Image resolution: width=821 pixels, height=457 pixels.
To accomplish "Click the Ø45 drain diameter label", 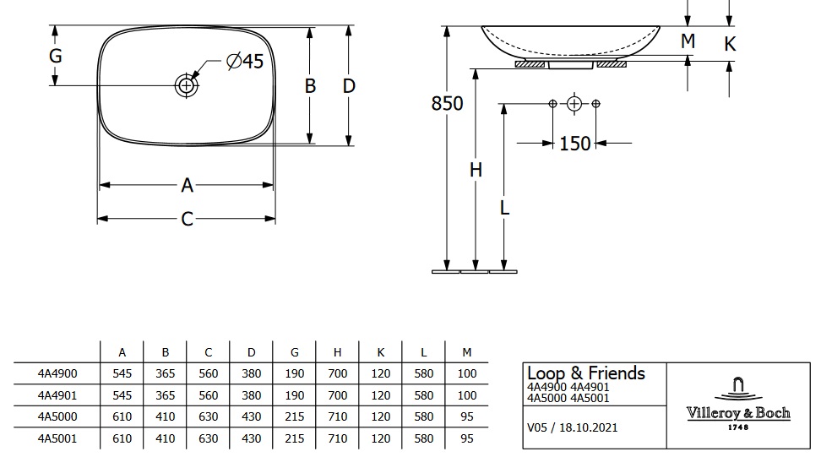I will (246, 61).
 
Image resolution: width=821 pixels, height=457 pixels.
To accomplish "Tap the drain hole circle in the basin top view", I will (186, 84).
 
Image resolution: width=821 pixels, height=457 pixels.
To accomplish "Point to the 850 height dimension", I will (447, 103).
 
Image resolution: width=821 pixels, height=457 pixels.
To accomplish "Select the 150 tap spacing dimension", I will (574, 144).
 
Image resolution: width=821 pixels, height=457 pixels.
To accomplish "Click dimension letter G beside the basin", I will (56, 56).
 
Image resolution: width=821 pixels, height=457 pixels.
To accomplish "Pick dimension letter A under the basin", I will (188, 185).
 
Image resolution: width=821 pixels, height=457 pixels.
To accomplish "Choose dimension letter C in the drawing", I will (188, 220).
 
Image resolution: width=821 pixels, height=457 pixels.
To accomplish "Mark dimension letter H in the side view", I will (476, 170).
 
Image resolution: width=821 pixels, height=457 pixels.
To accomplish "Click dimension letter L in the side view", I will (504, 207).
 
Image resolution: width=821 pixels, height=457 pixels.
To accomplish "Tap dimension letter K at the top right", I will (731, 43).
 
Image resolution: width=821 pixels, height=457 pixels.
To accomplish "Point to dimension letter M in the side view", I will (688, 41).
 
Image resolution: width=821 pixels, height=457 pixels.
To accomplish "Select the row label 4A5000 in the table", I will (57, 416).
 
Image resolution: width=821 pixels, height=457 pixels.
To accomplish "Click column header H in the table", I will (337, 351).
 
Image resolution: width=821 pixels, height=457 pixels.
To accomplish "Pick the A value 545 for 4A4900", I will (122, 373).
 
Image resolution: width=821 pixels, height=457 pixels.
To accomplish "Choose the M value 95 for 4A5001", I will (466, 438).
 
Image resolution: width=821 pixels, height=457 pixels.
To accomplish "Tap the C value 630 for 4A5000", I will (208, 416).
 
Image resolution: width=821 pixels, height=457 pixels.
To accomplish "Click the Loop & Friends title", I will (585, 373).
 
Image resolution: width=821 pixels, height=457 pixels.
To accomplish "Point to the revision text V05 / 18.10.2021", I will (573, 427).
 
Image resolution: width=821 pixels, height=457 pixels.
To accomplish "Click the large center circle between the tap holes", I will (574, 104).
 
